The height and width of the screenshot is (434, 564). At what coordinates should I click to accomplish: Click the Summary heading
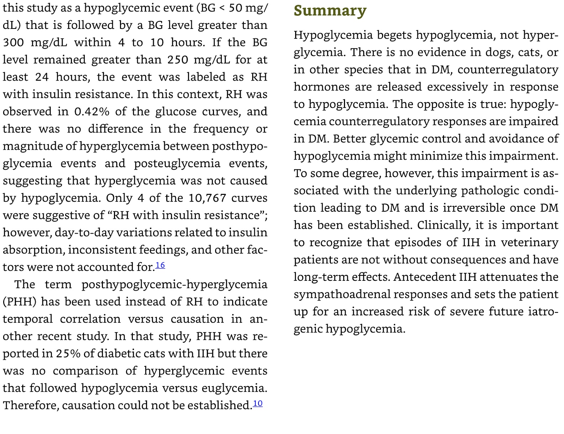coord(330,11)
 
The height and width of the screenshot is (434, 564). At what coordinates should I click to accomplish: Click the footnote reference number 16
coord(160,265)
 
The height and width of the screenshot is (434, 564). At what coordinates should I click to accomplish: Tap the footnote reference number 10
coord(258,403)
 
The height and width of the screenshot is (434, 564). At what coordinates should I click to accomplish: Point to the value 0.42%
coord(92,112)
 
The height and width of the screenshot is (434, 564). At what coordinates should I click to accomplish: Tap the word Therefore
coord(31,405)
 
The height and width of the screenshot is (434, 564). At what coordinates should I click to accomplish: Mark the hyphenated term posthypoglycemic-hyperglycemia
coord(174,285)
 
